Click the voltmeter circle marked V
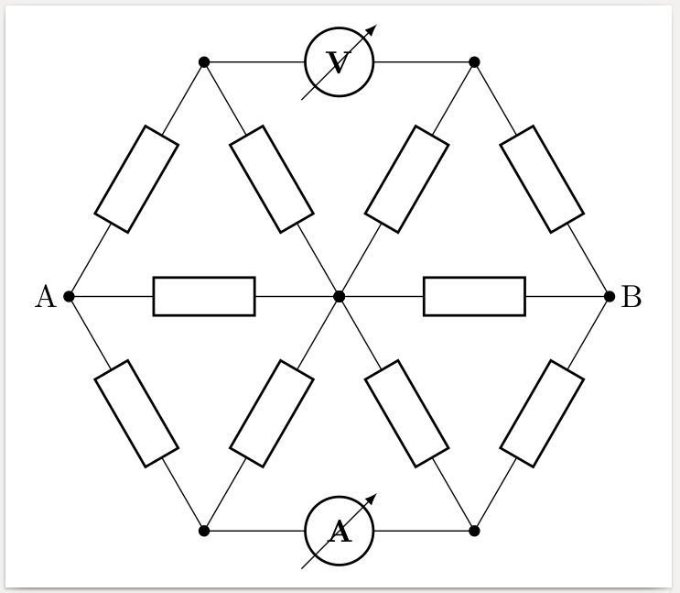point(339,62)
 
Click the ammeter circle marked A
point(339,531)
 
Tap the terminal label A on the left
point(45,297)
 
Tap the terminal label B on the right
point(631,297)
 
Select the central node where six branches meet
point(340,296)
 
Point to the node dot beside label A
point(69,296)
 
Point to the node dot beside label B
point(610,296)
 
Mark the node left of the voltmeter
point(204,62)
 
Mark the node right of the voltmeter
point(474,62)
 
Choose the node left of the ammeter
point(204,531)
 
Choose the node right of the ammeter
point(474,531)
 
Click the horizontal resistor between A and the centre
point(204,296)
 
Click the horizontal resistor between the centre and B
point(474,296)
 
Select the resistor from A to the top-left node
point(136,179)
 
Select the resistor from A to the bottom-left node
point(136,413)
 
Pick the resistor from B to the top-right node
point(542,179)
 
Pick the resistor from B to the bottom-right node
point(542,413)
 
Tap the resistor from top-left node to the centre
point(272,179)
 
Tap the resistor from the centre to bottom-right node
point(406,413)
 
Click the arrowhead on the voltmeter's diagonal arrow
point(371,30)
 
